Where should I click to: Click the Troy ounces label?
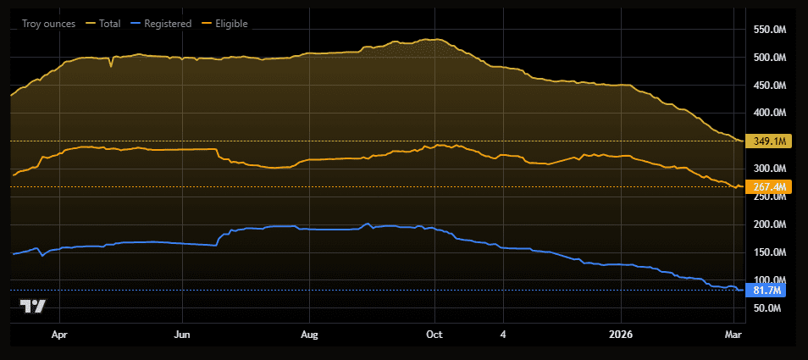tap(49, 24)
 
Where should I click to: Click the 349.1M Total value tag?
tap(769, 141)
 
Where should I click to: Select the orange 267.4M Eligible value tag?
tap(769, 186)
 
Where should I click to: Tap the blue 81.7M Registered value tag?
tap(766, 291)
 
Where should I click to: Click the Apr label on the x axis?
tap(59, 335)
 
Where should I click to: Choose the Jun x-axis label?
tap(183, 335)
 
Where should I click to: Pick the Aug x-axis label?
tap(310, 335)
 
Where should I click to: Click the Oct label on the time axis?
tap(434, 335)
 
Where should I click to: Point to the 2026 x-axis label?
tap(624, 335)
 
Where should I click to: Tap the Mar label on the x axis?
tap(733, 335)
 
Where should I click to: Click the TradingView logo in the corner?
tap(33, 307)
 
